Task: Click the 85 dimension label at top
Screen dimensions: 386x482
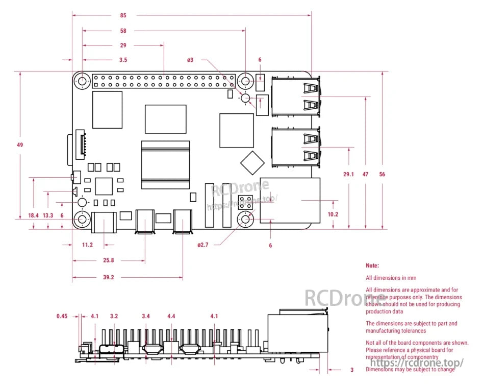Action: pos(123,15)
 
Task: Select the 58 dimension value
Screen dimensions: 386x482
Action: pos(123,31)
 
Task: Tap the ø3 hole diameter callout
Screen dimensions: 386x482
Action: pos(190,60)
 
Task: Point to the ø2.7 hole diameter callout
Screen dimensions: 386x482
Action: pos(203,245)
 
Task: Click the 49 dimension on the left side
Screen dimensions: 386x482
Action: pos(20,145)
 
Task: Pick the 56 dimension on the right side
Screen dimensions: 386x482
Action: pos(382,174)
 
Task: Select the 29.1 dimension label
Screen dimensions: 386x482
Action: pos(349,174)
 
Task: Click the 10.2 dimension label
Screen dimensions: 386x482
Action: pos(333,214)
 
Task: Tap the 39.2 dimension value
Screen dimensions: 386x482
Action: pos(108,278)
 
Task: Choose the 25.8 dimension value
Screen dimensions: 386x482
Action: pos(108,260)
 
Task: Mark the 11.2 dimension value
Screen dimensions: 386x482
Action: pos(87,245)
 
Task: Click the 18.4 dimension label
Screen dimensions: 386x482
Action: pos(33,215)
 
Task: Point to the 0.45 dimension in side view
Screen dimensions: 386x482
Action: pos(62,316)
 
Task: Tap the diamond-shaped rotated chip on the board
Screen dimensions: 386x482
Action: pos(252,162)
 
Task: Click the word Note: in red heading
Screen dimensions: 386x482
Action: pos(372,266)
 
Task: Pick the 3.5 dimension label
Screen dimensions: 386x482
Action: pos(123,60)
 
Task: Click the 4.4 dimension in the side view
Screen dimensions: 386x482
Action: pos(171,316)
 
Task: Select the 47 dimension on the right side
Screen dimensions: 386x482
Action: pos(366,174)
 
